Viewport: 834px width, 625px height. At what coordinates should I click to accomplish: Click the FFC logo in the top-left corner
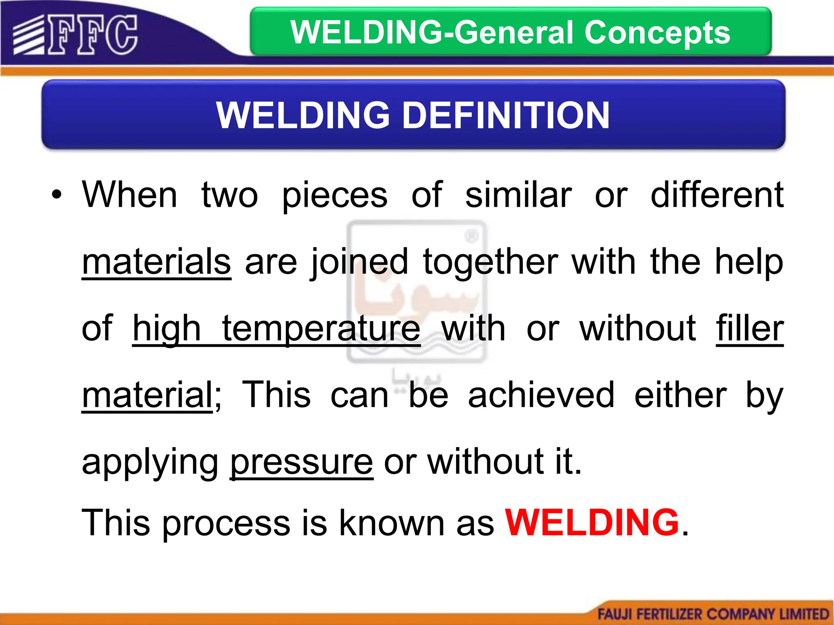pyautogui.click(x=76, y=35)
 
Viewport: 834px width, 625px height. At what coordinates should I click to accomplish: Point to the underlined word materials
pyautogui.click(x=156, y=262)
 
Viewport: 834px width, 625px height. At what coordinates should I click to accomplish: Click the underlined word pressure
pyautogui.click(x=301, y=462)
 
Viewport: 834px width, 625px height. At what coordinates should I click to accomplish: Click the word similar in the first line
pyautogui.click(x=518, y=195)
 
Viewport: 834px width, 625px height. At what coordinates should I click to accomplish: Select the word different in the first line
pyautogui.click(x=717, y=195)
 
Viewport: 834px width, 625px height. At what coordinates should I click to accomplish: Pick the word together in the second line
pyautogui.click(x=490, y=262)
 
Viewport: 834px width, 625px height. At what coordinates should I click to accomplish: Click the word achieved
pyautogui.click(x=541, y=396)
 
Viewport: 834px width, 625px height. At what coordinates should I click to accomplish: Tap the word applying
pyautogui.click(x=150, y=463)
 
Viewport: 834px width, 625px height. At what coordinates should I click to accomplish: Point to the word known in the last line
pyautogui.click(x=392, y=523)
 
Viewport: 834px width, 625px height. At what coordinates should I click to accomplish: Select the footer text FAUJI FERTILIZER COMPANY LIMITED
pyautogui.click(x=713, y=614)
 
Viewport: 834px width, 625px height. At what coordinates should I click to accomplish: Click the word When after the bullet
pyautogui.click(x=130, y=195)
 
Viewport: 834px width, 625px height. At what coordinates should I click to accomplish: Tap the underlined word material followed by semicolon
pyautogui.click(x=147, y=396)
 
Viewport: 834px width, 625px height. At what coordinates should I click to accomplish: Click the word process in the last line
pyautogui.click(x=227, y=524)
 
